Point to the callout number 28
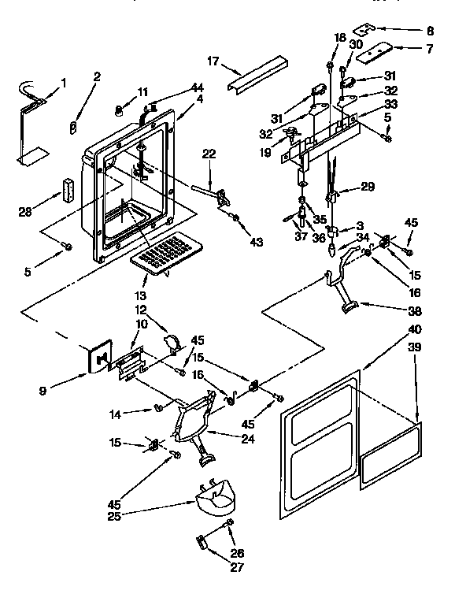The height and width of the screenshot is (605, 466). coord(26,211)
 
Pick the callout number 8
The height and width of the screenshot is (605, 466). coord(429,32)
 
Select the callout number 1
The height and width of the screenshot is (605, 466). coord(64,83)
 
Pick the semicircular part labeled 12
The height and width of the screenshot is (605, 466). coord(172,342)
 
